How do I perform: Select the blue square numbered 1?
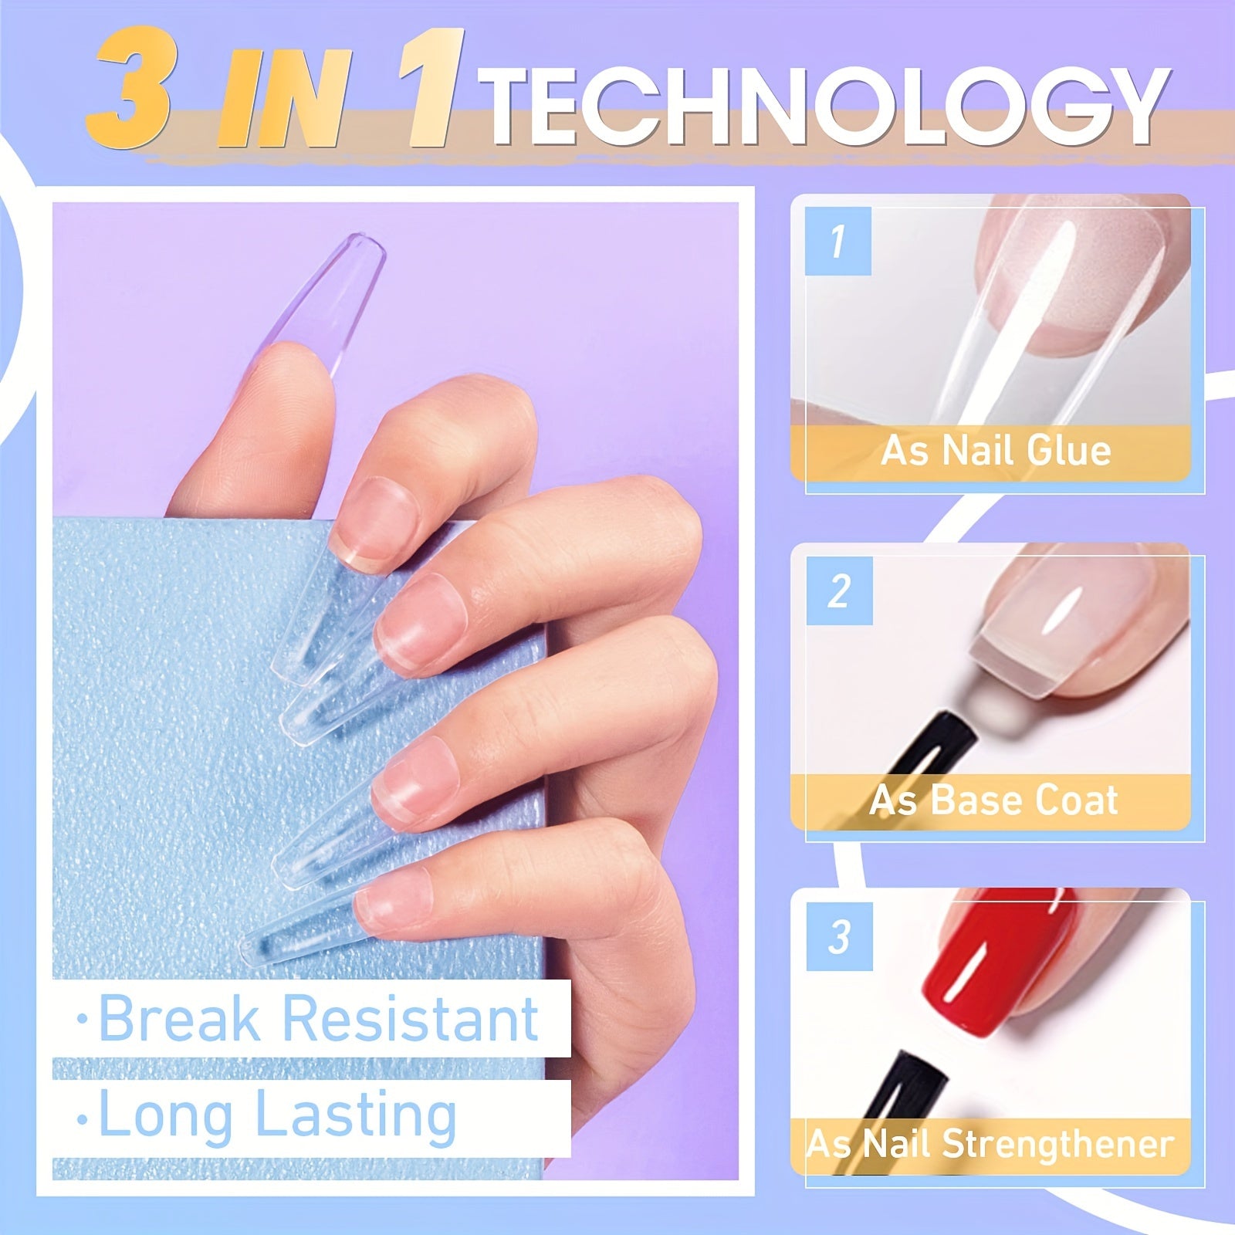[x=837, y=241]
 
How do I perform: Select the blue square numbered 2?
[x=839, y=590]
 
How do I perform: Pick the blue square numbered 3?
[x=839, y=936]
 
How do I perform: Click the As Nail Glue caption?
[x=996, y=450]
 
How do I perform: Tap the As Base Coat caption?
[x=993, y=800]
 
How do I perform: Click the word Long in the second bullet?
[x=166, y=1115]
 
